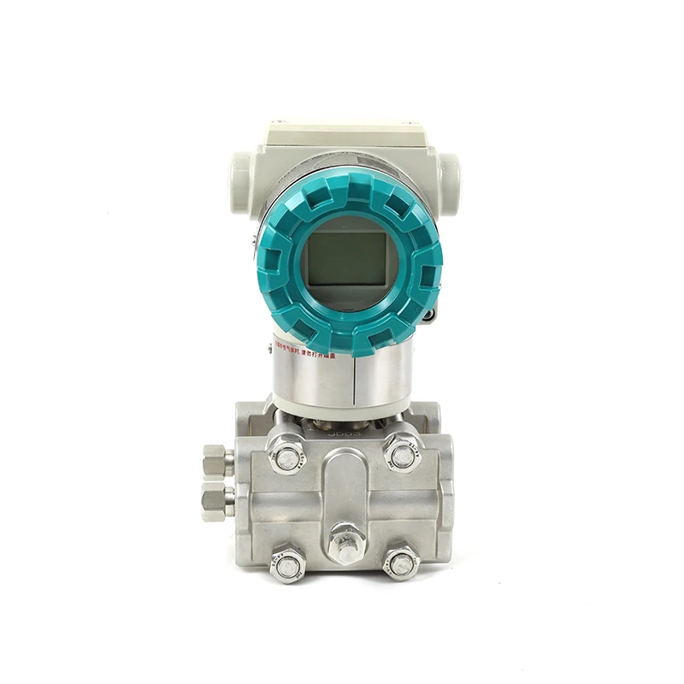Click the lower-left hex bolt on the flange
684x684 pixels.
[x=287, y=563]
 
